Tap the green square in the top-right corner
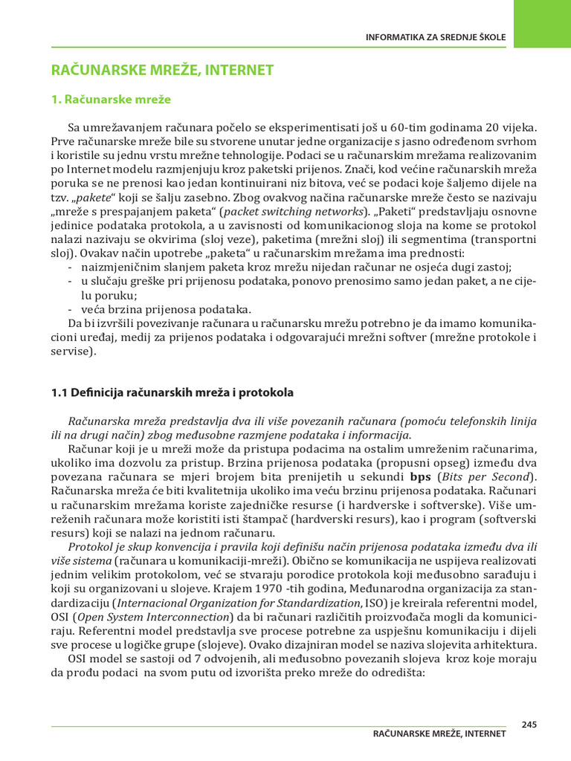[541, 24]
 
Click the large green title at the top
[162, 71]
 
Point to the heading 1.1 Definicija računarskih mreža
[172, 392]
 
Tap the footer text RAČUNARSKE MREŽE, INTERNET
[439, 734]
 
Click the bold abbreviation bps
[421, 477]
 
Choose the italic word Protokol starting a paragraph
[91, 548]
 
